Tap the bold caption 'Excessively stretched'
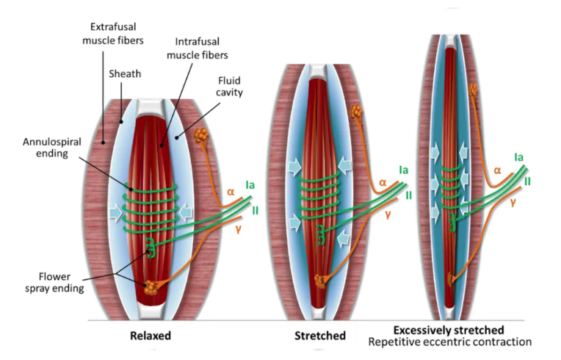pyautogui.click(x=448, y=330)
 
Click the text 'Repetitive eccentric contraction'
pyautogui.click(x=449, y=342)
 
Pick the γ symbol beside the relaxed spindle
pyautogui.click(x=237, y=230)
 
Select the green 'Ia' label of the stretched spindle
pyautogui.click(x=404, y=170)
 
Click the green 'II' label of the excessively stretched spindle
pyautogui.click(x=528, y=180)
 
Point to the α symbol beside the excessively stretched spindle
pyautogui.click(x=498, y=170)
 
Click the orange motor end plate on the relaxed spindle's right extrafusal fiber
pyautogui.click(x=200, y=136)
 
